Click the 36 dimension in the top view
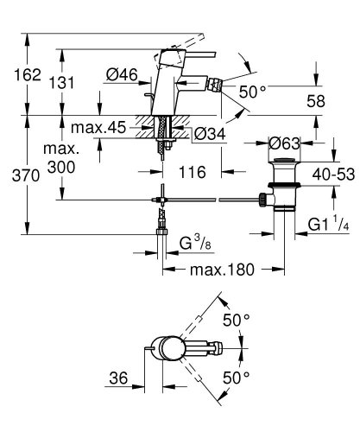[x=119, y=378]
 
